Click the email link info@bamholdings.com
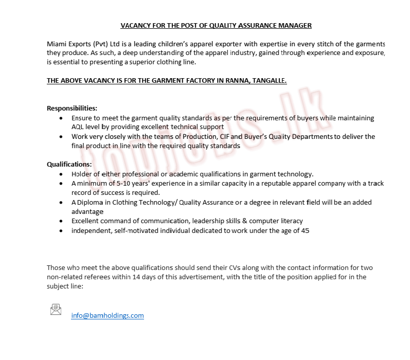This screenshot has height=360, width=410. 108,315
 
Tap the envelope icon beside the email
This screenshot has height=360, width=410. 56,309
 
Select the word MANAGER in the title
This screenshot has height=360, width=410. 296,25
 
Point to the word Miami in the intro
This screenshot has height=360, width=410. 57,44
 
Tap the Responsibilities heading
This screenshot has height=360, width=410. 72,108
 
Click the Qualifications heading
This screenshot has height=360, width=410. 69,164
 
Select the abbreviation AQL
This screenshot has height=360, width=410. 78,127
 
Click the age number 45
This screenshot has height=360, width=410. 305,230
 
